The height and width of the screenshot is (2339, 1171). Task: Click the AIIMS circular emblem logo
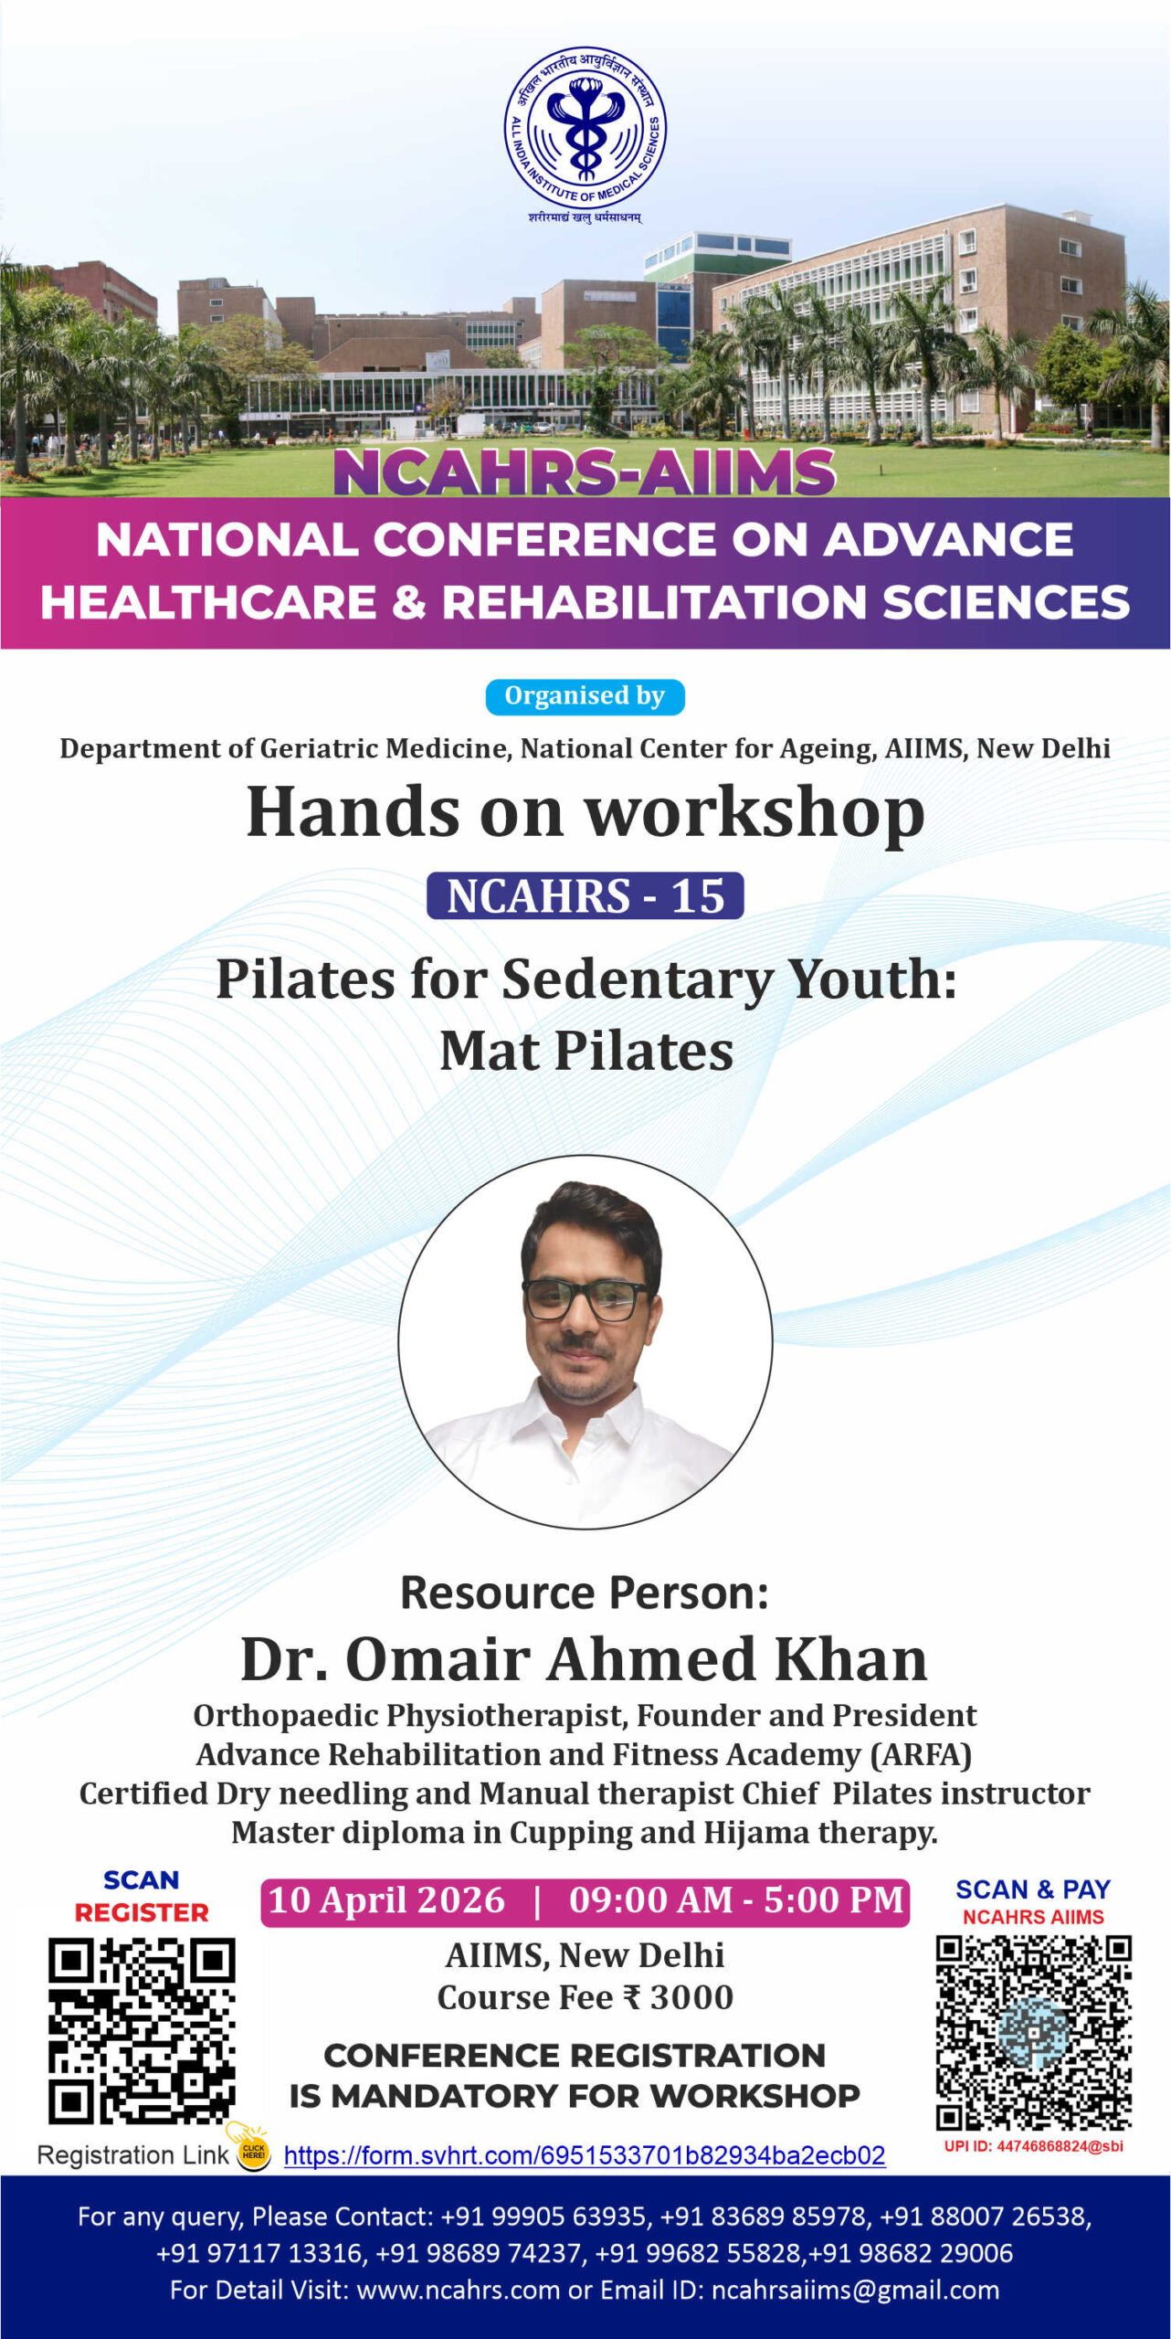point(585,129)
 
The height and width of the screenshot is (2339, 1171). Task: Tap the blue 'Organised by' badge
point(585,696)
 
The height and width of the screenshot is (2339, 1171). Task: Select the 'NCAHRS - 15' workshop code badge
point(585,895)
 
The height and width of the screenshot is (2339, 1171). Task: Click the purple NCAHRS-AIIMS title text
point(585,472)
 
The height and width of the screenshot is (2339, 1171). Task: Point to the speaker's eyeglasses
point(586,1298)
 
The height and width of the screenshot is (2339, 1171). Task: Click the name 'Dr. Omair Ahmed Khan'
point(585,1658)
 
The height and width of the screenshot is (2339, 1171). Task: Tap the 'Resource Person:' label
point(585,1593)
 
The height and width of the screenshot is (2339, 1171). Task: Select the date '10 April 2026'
point(386,1900)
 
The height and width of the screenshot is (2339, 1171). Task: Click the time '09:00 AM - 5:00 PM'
point(736,1900)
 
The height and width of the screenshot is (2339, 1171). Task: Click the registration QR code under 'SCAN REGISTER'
point(142,2031)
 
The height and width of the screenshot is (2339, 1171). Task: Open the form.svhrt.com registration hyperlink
point(585,2156)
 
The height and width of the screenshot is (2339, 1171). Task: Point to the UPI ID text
point(1034,2146)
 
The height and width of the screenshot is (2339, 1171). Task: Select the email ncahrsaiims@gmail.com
point(855,2291)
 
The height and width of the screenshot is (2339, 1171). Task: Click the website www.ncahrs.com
point(458,2291)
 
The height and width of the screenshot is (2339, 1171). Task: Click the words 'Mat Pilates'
point(586,1051)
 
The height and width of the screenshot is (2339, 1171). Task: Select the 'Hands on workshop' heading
point(585,812)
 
